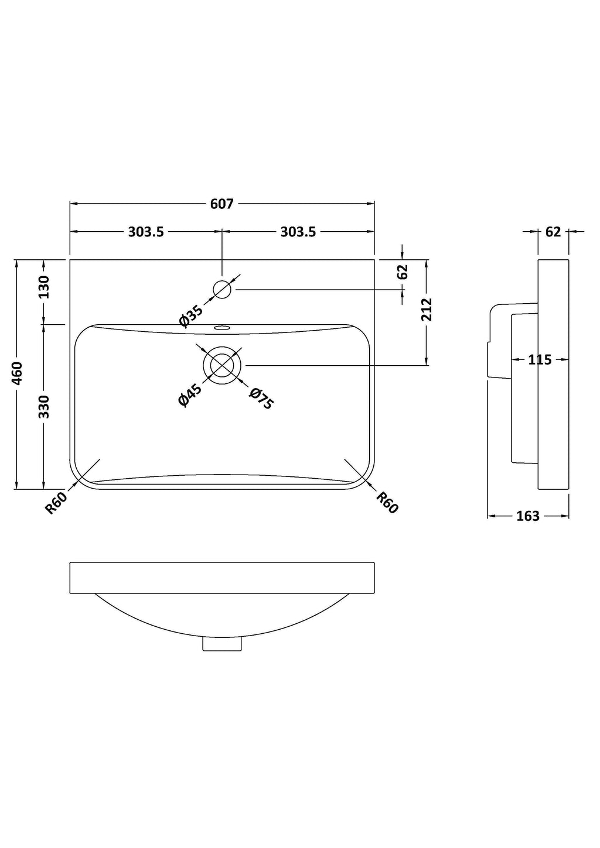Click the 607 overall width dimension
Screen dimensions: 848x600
(x=221, y=204)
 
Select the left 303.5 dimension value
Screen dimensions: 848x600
(x=146, y=232)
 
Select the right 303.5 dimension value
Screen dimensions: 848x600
(x=298, y=232)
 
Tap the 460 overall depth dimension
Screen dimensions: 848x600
(x=17, y=373)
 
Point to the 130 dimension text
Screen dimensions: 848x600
(x=44, y=287)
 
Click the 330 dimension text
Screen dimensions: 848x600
(x=44, y=407)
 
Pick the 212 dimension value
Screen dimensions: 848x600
(x=426, y=310)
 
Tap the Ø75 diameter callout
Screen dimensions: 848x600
(x=261, y=399)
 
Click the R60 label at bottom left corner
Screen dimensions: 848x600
(x=57, y=503)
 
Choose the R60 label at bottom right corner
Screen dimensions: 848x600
(x=387, y=503)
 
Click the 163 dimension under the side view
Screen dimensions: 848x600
(x=528, y=516)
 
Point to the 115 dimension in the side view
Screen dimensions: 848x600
(x=540, y=359)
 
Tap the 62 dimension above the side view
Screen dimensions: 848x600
(x=553, y=232)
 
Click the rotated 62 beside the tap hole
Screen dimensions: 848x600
(x=403, y=272)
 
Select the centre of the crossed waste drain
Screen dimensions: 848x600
(x=222, y=365)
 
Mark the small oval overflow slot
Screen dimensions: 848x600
(x=222, y=328)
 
